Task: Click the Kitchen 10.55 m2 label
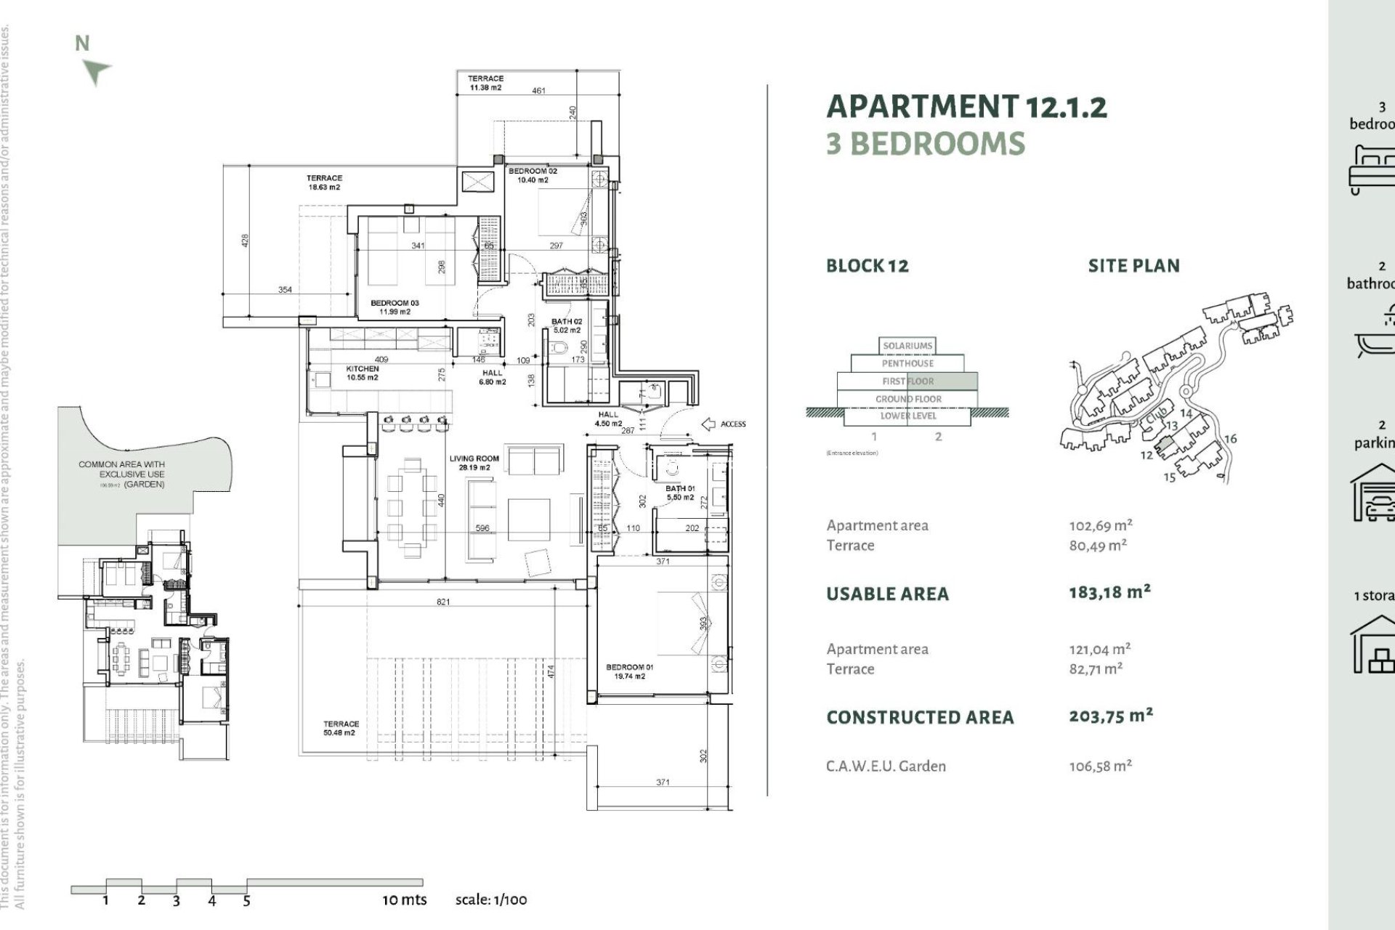tap(362, 373)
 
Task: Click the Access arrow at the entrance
tap(708, 424)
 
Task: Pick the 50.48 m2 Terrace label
tap(341, 728)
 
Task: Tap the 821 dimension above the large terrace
tap(443, 602)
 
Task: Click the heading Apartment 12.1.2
tap(966, 108)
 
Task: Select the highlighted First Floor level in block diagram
tap(908, 381)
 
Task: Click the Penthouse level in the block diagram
tap(907, 363)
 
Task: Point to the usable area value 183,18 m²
tap(1109, 592)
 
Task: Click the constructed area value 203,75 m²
tap(1110, 716)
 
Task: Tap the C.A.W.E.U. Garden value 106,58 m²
tap(1100, 766)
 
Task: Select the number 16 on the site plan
tap(1230, 439)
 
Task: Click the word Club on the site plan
tap(1156, 417)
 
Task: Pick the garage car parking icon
tap(1373, 494)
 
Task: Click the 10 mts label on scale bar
tap(405, 899)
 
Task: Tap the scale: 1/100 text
tap(491, 899)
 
